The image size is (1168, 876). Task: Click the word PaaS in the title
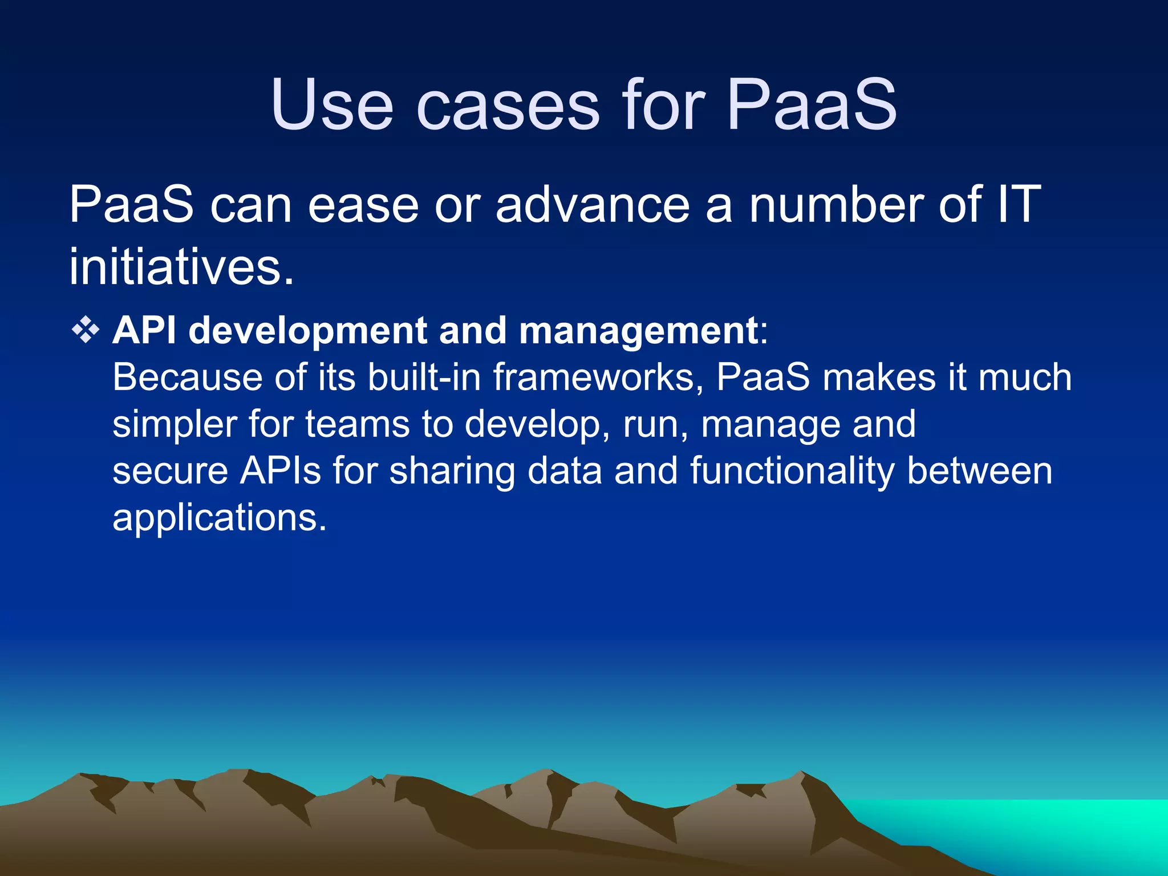812,106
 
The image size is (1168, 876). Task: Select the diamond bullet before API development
86,331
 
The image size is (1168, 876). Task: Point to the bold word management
638,331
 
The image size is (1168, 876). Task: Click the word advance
593,204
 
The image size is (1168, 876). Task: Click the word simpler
175,425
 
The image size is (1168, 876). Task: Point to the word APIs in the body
280,471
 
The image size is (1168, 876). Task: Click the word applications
220,518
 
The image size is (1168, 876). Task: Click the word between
979,471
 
